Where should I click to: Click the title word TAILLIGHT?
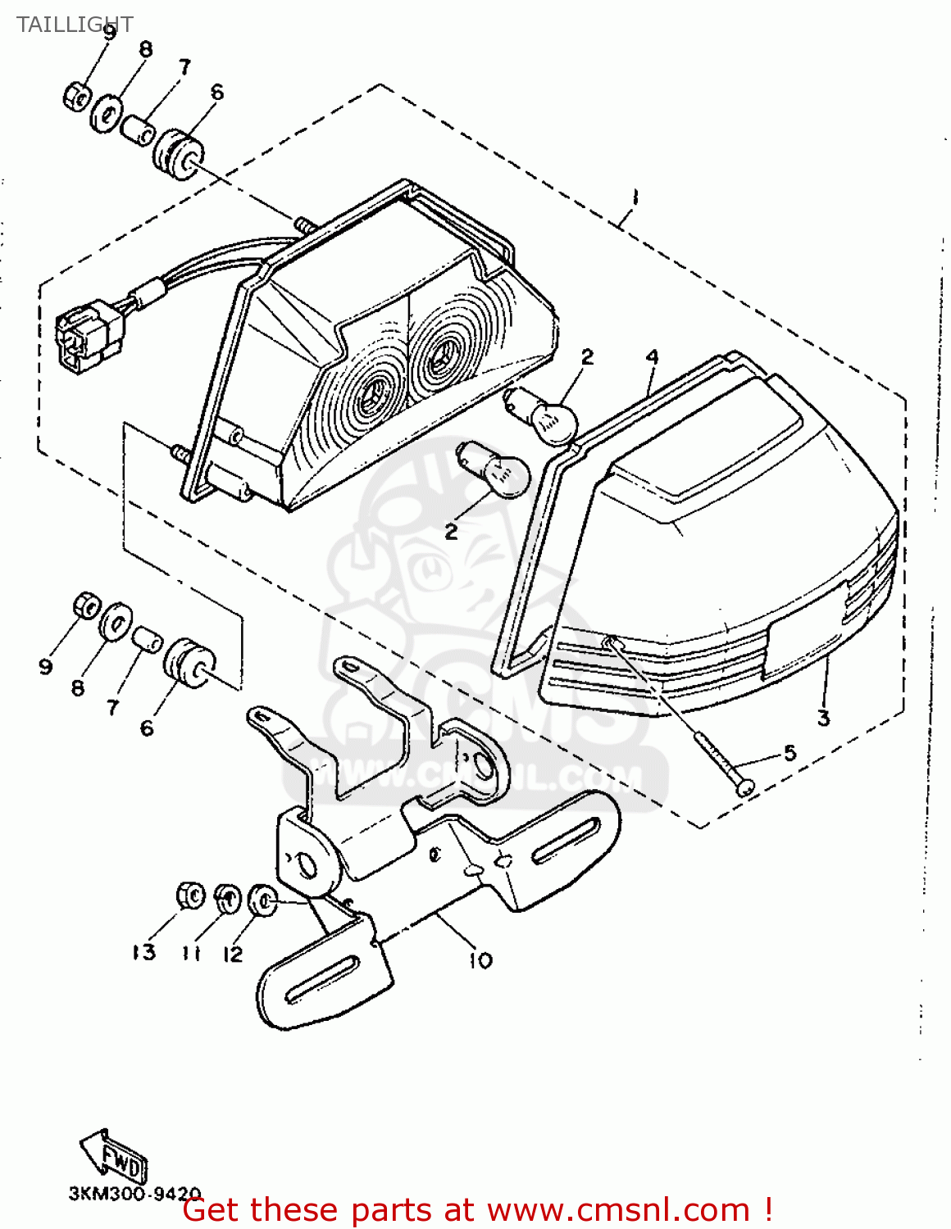pos(74,25)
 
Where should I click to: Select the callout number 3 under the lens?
pos(823,719)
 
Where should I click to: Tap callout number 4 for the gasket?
pos(652,357)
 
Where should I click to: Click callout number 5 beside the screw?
pos(789,752)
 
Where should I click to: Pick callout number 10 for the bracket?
pos(480,959)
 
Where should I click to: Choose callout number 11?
pos(191,953)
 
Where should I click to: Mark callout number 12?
pos(233,954)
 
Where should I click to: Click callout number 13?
pos(143,952)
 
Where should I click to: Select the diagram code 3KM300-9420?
pos(134,1194)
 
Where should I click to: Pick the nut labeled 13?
pos(190,896)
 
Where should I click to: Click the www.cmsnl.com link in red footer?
pos(617,1210)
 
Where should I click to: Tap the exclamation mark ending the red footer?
pos(767,1210)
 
